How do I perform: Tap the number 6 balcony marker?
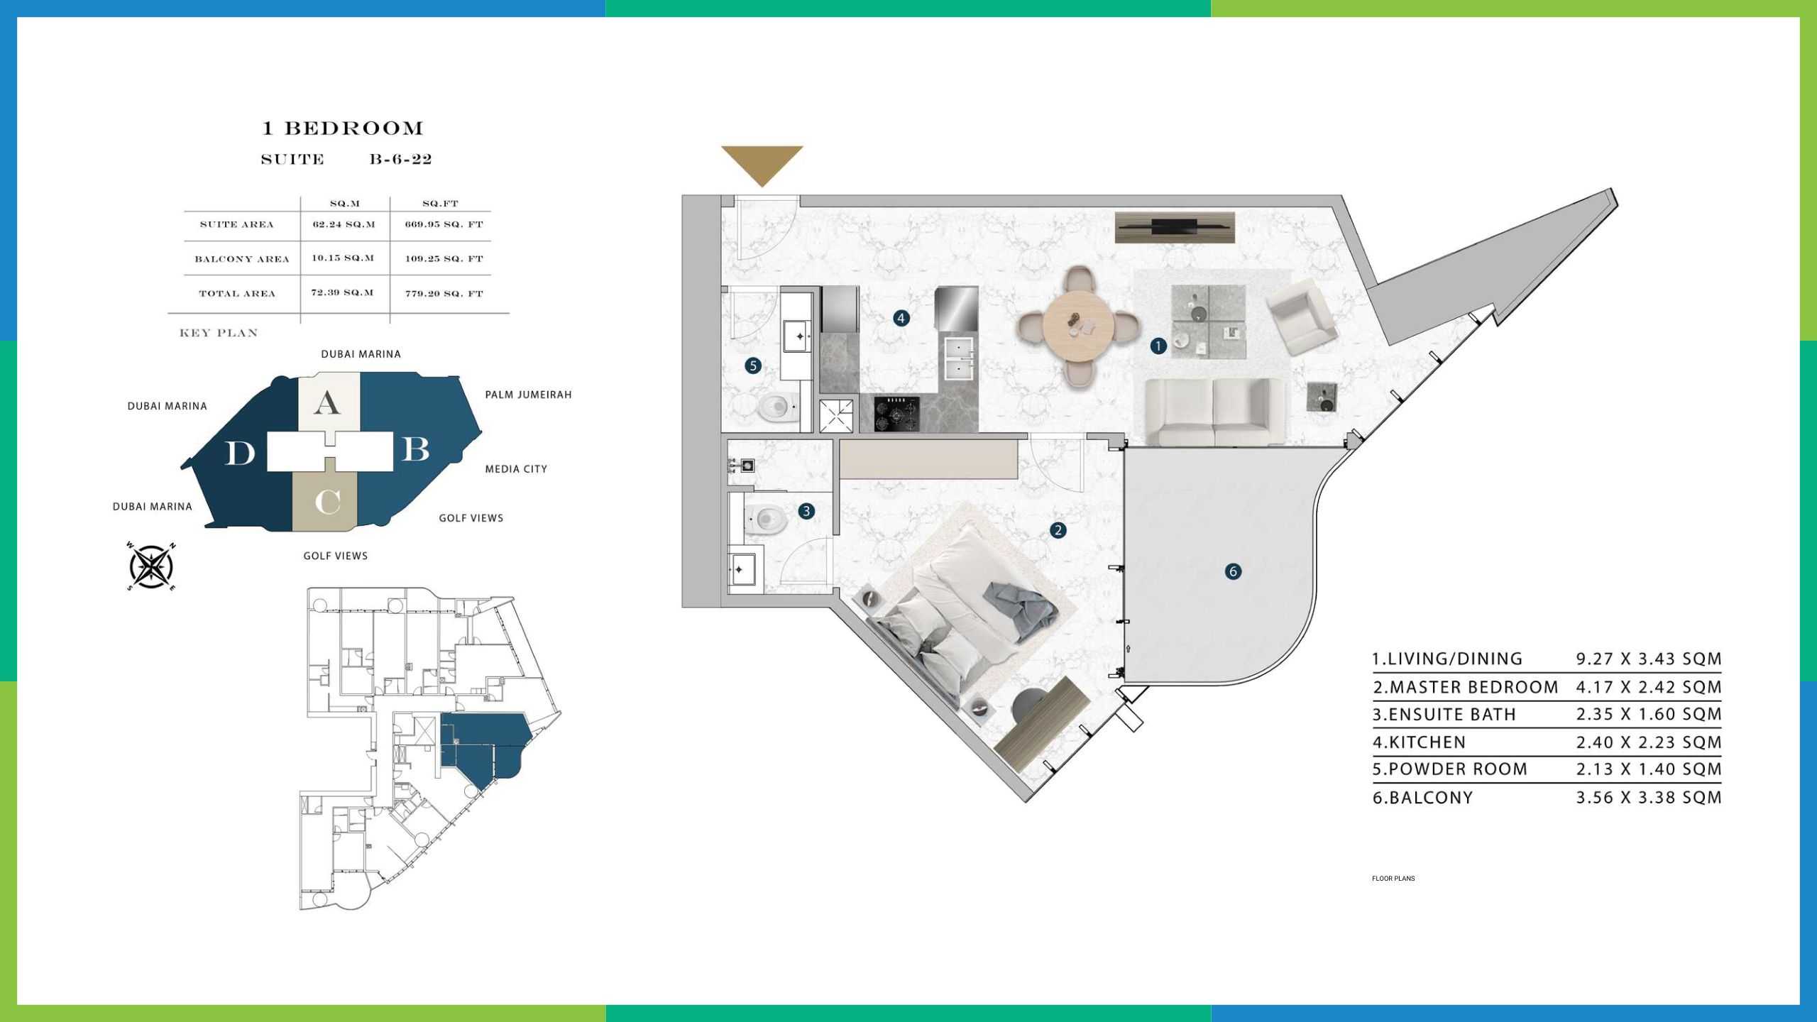1233,571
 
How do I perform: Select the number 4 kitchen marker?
901,318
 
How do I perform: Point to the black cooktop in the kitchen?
897,413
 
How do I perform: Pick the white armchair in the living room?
1302,315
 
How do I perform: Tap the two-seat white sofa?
1215,412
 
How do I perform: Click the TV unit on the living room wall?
1175,227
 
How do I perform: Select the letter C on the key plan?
327,502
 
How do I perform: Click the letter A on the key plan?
326,403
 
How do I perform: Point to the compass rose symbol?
151,566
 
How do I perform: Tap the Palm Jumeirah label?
528,395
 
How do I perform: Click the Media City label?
516,469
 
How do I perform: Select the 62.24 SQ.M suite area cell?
344,224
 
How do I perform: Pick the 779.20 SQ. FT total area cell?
444,293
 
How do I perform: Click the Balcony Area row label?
242,259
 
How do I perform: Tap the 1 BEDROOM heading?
343,128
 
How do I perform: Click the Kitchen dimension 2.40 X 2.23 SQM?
1649,742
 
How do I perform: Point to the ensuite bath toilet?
767,520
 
